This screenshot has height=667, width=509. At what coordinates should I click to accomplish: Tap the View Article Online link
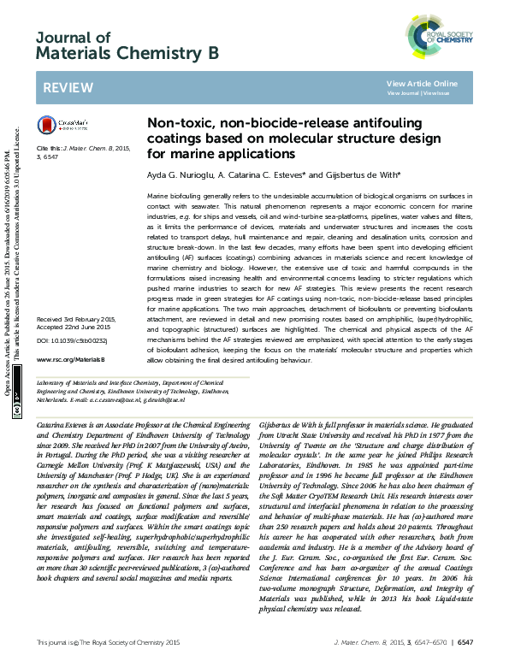point(422,83)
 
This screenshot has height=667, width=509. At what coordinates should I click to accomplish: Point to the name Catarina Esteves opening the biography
point(68,425)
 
